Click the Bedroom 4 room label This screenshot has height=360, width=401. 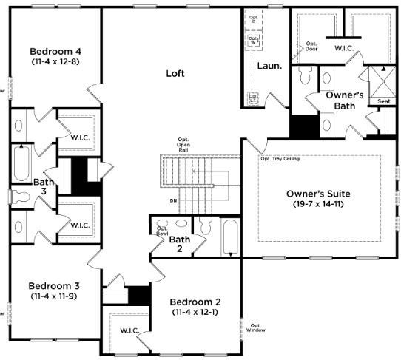pos(55,51)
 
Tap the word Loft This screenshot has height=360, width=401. pos(175,73)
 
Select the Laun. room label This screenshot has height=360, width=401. pos(269,66)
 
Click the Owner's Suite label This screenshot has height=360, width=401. pos(319,194)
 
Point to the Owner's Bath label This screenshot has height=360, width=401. pos(345,101)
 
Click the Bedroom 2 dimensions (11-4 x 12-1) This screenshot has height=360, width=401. pos(195,313)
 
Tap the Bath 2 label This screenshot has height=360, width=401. pos(180,245)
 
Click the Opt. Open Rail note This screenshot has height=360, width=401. pos(183,144)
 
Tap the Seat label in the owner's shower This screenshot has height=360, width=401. pos(384,101)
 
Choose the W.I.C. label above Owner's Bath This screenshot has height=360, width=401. pos(345,48)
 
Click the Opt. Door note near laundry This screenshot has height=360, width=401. pos(311,46)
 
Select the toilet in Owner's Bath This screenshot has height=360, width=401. pos(304,76)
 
